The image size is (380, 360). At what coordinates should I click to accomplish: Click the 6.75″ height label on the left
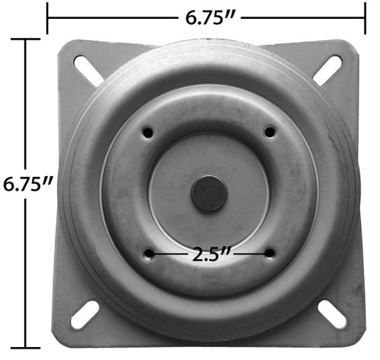tap(27, 184)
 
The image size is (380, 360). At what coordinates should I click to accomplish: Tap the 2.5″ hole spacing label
tap(211, 254)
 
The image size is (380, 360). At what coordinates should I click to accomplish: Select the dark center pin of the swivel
tap(209, 194)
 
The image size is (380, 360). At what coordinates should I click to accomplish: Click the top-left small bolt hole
tap(148, 132)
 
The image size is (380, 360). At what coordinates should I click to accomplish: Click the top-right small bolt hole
tap(270, 132)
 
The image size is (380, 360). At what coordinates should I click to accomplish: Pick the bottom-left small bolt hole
tap(149, 254)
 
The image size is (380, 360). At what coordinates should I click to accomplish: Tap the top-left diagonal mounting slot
tap(87, 69)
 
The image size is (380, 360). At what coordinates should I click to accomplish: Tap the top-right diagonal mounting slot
tap(328, 71)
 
